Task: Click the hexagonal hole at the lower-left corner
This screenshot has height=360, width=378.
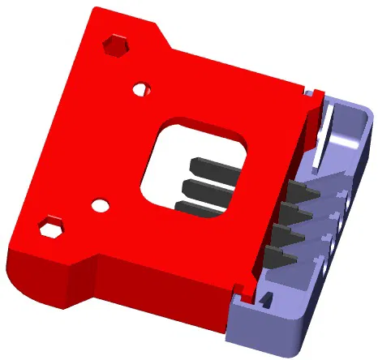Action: tap(53, 227)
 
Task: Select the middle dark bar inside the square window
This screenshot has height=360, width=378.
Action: tap(206, 188)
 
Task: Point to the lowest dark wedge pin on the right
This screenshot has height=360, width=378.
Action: tap(277, 258)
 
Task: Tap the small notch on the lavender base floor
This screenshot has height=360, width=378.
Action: tap(265, 303)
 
